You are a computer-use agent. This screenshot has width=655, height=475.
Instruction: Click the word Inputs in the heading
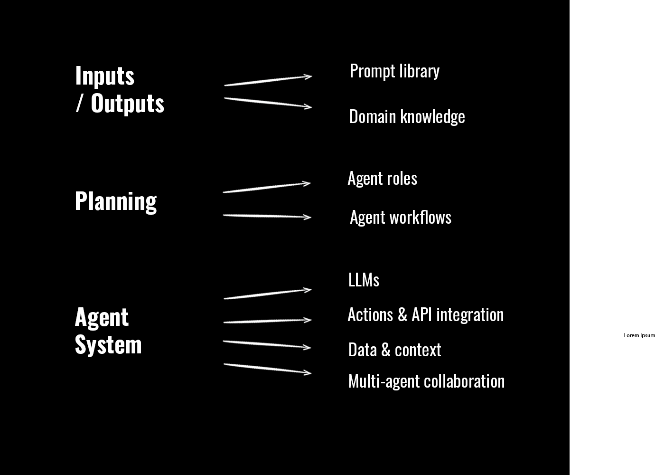pos(105,76)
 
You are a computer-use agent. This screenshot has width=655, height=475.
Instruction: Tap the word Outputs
pos(127,104)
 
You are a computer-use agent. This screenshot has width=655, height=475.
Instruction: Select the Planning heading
pos(116,201)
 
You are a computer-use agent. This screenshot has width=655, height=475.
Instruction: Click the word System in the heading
pos(108,345)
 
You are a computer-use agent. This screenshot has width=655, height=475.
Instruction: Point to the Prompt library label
pos(394,71)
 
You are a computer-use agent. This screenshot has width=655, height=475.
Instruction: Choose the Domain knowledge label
pos(407,117)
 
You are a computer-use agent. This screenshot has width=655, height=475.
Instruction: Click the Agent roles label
pos(382,179)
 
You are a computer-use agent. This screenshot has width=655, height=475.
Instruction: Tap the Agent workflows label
pos(400,218)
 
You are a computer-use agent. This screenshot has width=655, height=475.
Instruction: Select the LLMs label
pos(364,280)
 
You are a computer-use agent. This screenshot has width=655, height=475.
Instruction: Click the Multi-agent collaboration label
pos(426,381)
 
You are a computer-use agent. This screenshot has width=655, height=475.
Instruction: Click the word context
pos(418,350)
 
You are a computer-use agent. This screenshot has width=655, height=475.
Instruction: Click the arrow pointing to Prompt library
pos(268,81)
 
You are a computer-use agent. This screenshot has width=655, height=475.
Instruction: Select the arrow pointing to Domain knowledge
pos(268,103)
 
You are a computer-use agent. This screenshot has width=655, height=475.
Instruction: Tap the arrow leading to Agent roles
pos(266,188)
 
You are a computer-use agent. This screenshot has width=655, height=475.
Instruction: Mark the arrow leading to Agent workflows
pos(267,216)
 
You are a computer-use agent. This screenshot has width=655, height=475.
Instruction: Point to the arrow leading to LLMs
pos(267,294)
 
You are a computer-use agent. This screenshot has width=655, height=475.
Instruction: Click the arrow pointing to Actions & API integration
pos(267,321)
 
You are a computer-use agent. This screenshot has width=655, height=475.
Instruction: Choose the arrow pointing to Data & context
pos(267,344)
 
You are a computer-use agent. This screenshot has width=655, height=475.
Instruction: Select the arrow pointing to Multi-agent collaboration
pos(267,369)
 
